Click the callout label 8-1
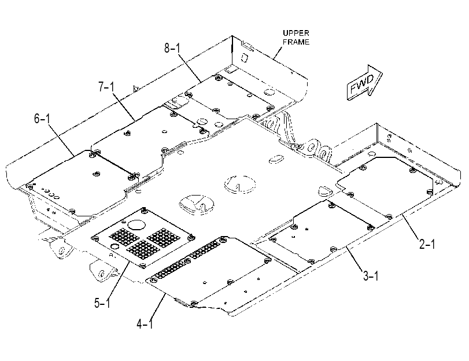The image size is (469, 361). tap(172, 48)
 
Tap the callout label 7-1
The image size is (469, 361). tap(106, 87)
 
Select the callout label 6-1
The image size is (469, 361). tap(42, 119)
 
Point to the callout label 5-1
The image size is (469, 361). tap(102, 303)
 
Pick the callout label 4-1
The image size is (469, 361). tap(145, 323)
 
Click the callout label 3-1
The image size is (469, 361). tap(371, 275)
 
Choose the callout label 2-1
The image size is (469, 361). tap(427, 245)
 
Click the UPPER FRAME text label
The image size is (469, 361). tap(296, 38)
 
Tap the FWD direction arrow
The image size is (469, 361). tap(364, 82)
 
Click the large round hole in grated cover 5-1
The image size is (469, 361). tap(136, 225)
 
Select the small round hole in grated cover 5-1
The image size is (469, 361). tap(115, 246)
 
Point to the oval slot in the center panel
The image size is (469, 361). tap(277, 159)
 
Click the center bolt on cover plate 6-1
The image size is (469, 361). tap(97, 174)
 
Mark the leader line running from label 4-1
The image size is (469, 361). tap(158, 305)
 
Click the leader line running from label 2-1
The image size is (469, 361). tap(412, 227)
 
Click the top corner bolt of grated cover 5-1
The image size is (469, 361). tap(145, 210)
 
